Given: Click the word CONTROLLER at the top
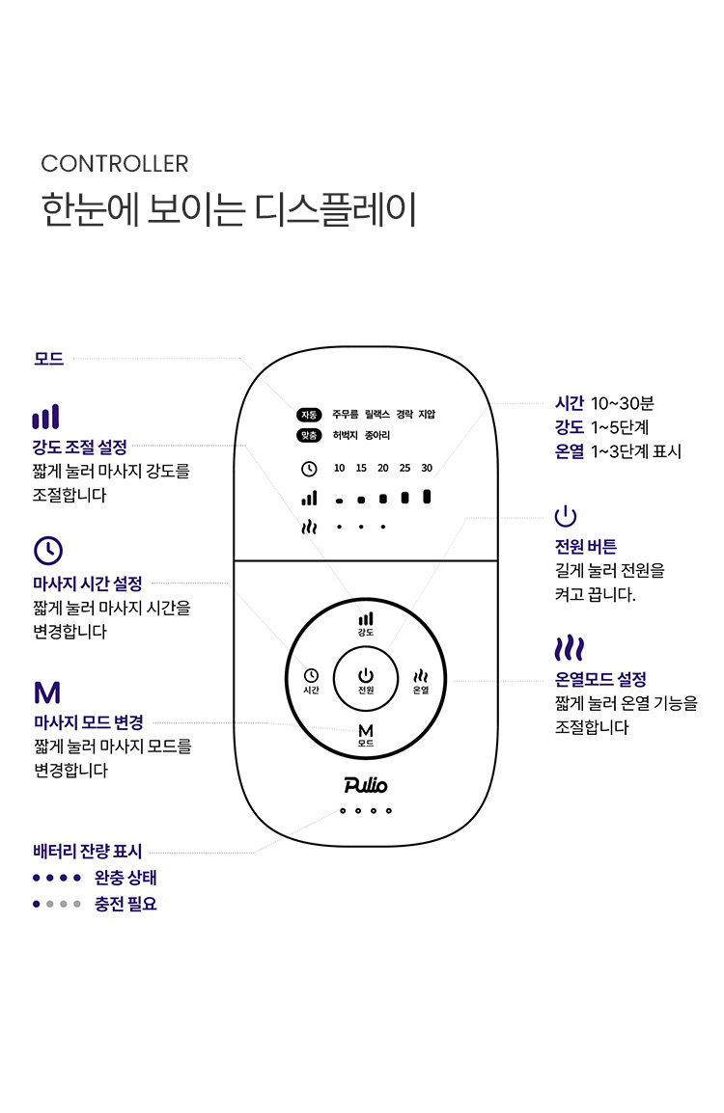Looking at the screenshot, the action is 114,164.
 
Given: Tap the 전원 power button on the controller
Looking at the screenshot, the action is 365,679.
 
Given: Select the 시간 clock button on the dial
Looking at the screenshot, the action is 311,681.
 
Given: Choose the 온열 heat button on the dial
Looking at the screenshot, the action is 421,681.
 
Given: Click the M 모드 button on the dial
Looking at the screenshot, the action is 366,735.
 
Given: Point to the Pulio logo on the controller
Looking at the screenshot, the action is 365,785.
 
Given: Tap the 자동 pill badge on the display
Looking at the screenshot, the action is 309,415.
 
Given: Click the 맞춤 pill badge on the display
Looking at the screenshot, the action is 309,435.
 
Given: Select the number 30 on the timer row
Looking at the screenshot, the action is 427,468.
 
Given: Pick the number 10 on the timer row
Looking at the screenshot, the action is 339,468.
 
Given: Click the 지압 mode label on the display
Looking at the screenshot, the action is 427,414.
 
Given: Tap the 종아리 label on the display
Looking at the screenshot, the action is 377,435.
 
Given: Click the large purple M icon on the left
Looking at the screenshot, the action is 47,692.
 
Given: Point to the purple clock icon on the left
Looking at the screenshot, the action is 48,550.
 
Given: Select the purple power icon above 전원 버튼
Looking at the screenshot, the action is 566,516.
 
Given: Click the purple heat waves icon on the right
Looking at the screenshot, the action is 570,649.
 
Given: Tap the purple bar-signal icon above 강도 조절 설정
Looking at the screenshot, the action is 45,417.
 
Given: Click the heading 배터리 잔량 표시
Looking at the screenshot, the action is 88,851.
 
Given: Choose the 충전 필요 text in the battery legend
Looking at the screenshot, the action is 125,904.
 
